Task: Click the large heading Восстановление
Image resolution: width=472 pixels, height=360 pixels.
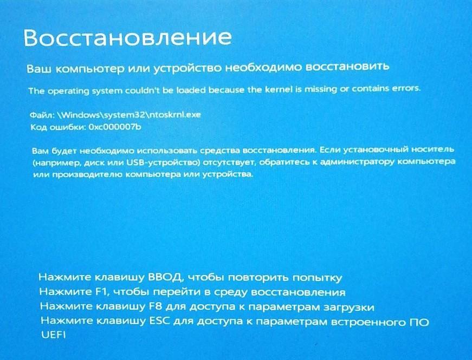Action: [x=128, y=37]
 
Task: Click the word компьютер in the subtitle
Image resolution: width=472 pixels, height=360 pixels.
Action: [x=90, y=69]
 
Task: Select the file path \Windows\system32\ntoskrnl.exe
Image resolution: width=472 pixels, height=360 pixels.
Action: [x=129, y=115]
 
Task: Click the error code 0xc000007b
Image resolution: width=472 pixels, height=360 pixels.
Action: [x=115, y=127]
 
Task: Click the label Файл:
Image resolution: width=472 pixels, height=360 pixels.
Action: [x=42, y=115]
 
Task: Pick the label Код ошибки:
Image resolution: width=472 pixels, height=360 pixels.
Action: [x=58, y=128]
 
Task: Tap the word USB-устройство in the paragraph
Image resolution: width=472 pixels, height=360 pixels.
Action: [x=164, y=162]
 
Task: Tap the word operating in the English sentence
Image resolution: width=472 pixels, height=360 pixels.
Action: [x=69, y=91]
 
